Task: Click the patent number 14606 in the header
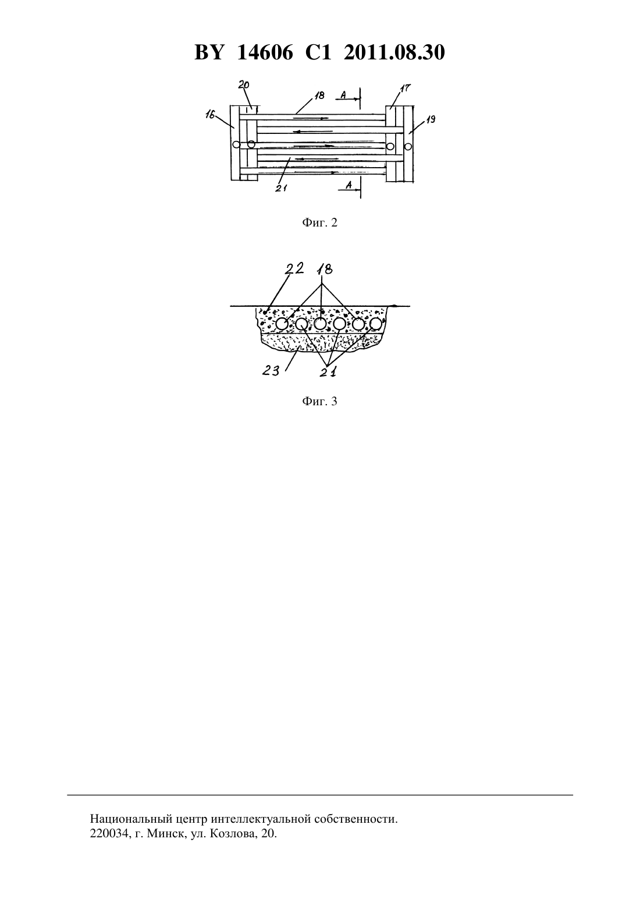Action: pos(265,52)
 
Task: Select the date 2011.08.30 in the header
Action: pos(394,52)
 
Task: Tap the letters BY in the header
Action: pos(209,52)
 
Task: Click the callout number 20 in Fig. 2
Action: pos(244,85)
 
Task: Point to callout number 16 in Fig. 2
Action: pos(210,115)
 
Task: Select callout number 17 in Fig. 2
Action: pos(406,88)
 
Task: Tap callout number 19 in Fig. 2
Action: pos(431,119)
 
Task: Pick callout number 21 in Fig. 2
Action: pos(281,187)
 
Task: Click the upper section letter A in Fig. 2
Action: pos(343,95)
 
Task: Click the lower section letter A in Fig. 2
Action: pos(349,185)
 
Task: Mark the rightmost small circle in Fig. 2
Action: pos(408,146)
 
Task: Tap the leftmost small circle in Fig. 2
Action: pos(236,144)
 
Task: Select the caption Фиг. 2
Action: pos(319,222)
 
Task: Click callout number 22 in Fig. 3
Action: pos(294,268)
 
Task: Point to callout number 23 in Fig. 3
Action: pos(271,370)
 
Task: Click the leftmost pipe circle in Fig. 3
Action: pos(282,324)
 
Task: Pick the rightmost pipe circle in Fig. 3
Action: pos(376,324)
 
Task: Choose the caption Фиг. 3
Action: pos(319,401)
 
